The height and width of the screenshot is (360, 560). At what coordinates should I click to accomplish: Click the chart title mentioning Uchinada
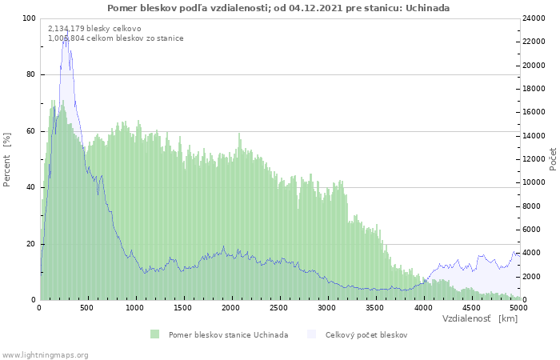[x=278, y=8]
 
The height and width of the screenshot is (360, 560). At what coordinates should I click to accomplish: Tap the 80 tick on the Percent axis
[x=30, y=74]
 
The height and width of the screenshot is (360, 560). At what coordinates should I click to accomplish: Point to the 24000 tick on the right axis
[x=534, y=18]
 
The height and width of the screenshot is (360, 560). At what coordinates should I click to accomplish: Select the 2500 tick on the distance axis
[x=278, y=308]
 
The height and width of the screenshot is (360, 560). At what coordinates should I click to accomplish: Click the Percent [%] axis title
[x=7, y=160]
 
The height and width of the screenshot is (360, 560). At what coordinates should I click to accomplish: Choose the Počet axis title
[x=553, y=159]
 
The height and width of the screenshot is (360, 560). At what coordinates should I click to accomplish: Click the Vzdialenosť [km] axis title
[x=480, y=318]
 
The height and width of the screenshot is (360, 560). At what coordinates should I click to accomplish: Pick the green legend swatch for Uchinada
[x=154, y=334]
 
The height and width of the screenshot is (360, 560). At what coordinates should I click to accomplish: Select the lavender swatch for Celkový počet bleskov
[x=311, y=334]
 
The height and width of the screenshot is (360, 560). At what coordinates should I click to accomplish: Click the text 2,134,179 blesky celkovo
[x=94, y=29]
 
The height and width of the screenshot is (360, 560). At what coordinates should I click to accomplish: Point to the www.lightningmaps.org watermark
[x=44, y=355]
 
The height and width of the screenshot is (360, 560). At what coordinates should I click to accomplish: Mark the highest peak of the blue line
[x=66, y=30]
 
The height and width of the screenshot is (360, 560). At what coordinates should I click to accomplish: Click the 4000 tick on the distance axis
[x=423, y=308]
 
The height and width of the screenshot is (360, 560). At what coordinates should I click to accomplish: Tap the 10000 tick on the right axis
[x=534, y=182]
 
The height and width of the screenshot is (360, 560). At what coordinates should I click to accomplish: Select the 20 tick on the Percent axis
[x=30, y=244]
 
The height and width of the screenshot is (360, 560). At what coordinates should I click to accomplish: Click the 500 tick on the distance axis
[x=86, y=308]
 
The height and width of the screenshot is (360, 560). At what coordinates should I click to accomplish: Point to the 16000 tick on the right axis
[x=534, y=112]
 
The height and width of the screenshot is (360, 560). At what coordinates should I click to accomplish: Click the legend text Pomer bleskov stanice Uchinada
[x=228, y=335]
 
